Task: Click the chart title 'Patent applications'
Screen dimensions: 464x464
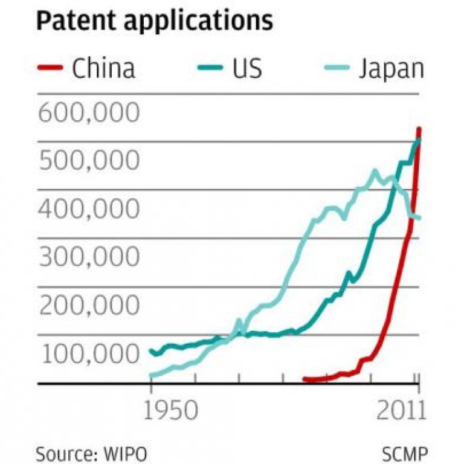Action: [x=155, y=22]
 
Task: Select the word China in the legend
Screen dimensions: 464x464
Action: [x=103, y=68]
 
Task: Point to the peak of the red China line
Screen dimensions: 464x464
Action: [x=419, y=129]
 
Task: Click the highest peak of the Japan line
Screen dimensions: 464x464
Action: [x=375, y=171]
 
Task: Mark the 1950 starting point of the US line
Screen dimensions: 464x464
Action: [x=151, y=350]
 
